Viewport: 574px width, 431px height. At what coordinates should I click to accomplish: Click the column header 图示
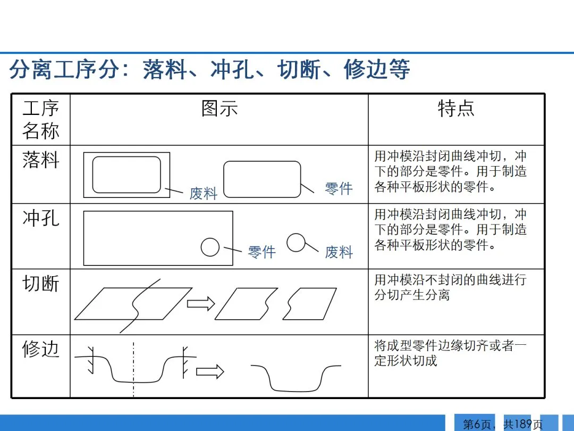click(219, 109)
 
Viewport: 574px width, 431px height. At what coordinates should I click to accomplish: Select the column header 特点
click(455, 109)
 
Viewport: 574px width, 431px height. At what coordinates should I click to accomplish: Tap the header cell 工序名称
click(40, 119)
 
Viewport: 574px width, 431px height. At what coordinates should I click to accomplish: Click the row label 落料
click(40, 160)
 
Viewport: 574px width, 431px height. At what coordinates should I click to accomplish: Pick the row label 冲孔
click(40, 218)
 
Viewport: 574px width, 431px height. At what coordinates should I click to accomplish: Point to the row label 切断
click(40, 284)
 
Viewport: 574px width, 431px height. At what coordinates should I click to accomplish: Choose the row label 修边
click(40, 349)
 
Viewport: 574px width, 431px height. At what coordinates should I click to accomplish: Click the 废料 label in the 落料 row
click(204, 193)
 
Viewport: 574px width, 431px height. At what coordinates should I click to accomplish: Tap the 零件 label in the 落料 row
click(339, 188)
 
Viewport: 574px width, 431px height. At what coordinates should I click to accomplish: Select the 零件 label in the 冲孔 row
click(261, 252)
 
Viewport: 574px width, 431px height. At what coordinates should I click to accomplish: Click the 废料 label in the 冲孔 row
click(339, 252)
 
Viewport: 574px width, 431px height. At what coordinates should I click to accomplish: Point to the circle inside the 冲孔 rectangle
click(210, 247)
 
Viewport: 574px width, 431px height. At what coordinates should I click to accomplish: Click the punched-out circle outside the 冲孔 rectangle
click(296, 242)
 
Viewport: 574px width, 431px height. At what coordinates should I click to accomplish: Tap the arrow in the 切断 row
click(200, 303)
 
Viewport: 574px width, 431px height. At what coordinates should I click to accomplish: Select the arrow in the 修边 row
click(210, 371)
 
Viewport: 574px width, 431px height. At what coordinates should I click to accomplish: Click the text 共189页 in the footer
click(523, 424)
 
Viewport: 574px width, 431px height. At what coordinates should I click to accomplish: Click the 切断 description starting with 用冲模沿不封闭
click(450, 287)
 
